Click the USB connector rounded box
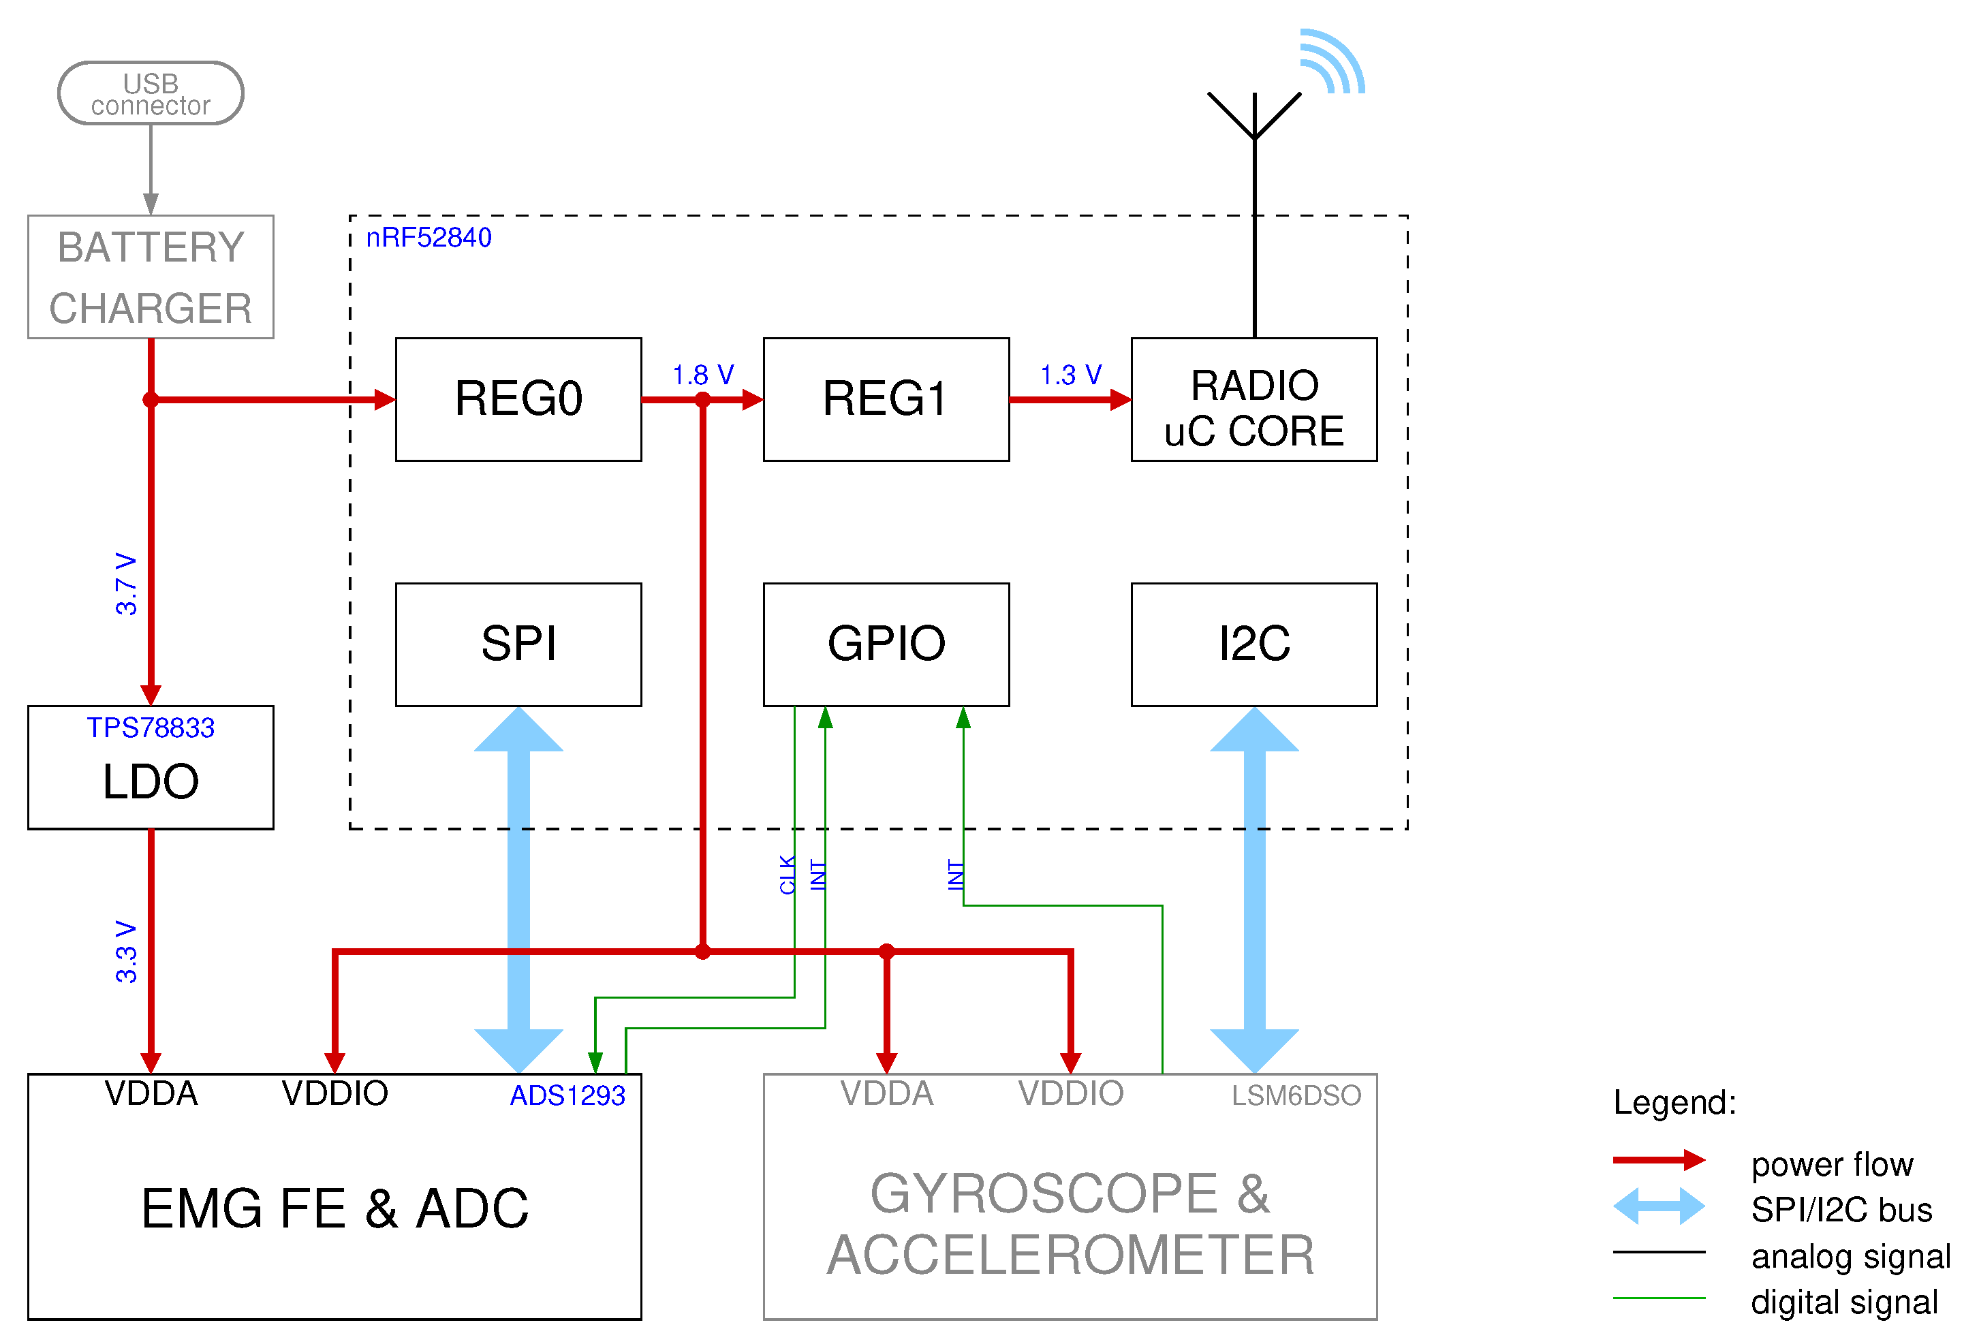coord(151,93)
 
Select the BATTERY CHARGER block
coord(151,277)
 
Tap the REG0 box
coord(518,398)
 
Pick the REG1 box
coord(886,398)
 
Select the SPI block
coord(518,644)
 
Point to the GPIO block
coord(886,644)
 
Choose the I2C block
coord(1253,644)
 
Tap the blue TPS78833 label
coord(151,728)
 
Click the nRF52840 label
coord(428,238)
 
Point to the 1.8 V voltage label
coord(702,375)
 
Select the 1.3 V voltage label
coord(1070,375)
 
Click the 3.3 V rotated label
coord(126,952)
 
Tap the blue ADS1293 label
coord(567,1095)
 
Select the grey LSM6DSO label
coord(1296,1095)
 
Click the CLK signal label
coord(787,875)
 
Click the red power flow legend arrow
coord(1658,1160)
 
